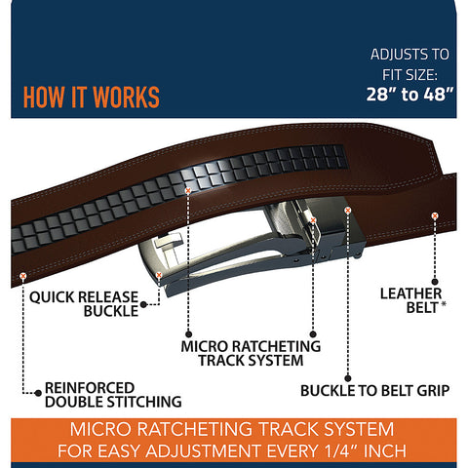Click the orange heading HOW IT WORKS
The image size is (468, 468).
(x=92, y=97)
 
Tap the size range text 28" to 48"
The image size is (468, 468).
(x=409, y=95)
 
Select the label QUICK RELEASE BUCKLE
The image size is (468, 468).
(x=84, y=304)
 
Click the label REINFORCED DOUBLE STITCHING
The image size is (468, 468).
(x=113, y=395)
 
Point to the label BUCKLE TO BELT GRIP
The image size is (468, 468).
(x=375, y=391)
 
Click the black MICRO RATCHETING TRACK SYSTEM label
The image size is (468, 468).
(x=251, y=353)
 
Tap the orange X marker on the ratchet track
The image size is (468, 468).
(x=188, y=191)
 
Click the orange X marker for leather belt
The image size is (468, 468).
(x=435, y=215)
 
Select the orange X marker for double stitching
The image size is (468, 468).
(x=22, y=276)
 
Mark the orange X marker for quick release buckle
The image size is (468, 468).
(x=159, y=275)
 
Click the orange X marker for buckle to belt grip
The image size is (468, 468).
(x=348, y=211)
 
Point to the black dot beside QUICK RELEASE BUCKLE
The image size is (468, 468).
(x=143, y=304)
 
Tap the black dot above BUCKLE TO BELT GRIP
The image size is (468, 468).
(x=348, y=378)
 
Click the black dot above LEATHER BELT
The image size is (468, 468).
(x=435, y=282)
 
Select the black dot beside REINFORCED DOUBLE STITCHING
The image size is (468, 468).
(x=38, y=393)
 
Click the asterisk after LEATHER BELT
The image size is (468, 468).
(x=444, y=304)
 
